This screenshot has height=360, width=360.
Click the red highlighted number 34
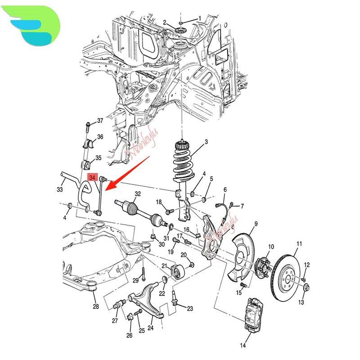point(93,178)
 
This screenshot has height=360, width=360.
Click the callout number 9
point(256,223)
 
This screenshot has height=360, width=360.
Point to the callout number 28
point(95,307)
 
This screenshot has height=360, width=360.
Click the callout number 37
point(100,121)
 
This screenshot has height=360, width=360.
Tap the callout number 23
point(190,309)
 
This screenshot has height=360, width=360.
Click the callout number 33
point(60,189)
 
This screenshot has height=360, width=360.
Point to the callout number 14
point(243,346)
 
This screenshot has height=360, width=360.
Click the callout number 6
point(225,189)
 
